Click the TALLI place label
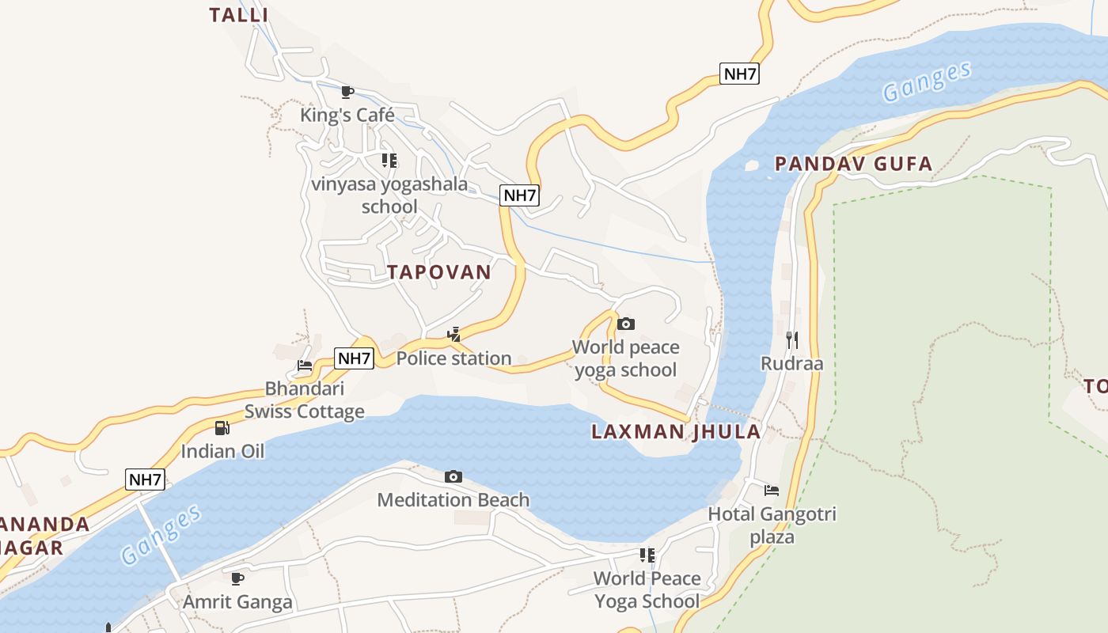[x=239, y=14]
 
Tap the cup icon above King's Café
[x=347, y=92]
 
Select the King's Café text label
[x=347, y=116]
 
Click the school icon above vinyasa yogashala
[x=389, y=161]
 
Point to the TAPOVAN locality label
[x=439, y=272]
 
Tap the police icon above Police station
[x=453, y=335]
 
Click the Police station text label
[x=453, y=358]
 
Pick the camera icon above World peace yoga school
[x=625, y=324]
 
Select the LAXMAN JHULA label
[x=676, y=432]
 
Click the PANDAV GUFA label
[x=853, y=165]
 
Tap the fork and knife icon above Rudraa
[x=791, y=340]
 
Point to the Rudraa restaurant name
[x=791, y=364]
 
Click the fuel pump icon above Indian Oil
[x=222, y=428]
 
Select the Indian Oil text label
[x=222, y=452]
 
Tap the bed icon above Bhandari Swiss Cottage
[x=305, y=365]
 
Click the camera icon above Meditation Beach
[x=453, y=476]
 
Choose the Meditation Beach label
[x=453, y=500]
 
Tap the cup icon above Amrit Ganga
[x=237, y=578]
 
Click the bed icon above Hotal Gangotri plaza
[x=772, y=491]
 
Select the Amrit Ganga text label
[x=237, y=602]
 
